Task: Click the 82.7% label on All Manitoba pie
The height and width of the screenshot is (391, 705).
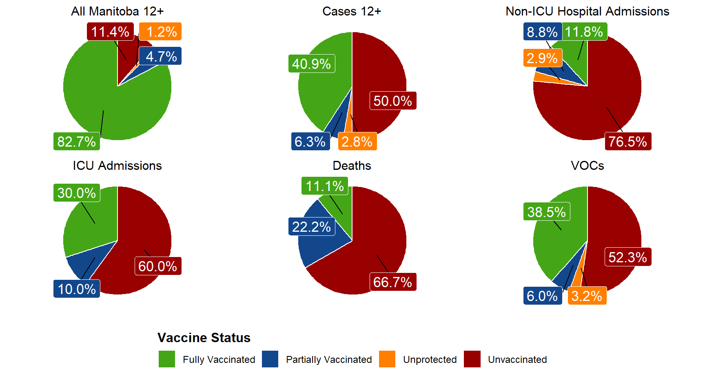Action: pos(77,141)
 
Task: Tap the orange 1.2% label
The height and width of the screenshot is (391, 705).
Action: pos(160,31)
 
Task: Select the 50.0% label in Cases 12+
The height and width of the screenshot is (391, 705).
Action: pos(393,101)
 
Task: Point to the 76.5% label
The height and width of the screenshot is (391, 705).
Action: pos(628,141)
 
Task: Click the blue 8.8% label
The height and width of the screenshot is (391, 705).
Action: pos(542,31)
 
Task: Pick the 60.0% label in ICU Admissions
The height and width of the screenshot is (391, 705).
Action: pos(158,266)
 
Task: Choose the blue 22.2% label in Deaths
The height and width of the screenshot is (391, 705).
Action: pos(312,226)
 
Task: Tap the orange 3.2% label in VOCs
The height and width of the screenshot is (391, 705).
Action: pos(587,296)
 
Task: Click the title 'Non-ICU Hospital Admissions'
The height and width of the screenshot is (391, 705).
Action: pos(587,11)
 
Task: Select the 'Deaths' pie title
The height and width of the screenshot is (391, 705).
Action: pos(352,166)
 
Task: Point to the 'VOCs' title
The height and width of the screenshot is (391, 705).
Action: pos(587,166)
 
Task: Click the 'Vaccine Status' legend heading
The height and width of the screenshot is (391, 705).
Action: pos(204,338)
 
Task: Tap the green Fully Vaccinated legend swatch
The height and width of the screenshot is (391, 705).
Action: pos(167,359)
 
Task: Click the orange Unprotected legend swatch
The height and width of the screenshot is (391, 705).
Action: pos(387,359)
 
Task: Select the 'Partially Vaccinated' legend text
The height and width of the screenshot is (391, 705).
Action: pos(329,360)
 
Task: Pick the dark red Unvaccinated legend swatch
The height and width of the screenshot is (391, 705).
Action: pos(472,359)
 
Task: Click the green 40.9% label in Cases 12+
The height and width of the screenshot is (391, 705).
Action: pos(312,64)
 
